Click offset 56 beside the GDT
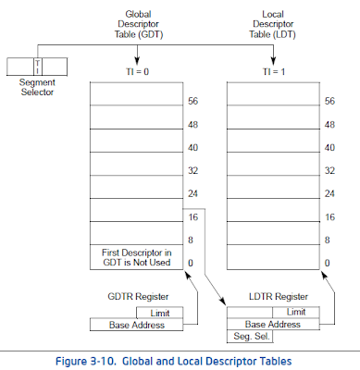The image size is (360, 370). click(x=193, y=101)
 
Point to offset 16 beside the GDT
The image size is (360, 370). click(x=193, y=217)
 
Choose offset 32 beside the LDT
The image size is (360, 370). click(x=329, y=171)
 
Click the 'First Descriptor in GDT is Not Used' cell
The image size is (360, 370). click(x=136, y=257)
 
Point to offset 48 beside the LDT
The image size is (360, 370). click(x=329, y=124)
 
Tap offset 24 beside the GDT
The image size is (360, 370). click(x=193, y=194)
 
